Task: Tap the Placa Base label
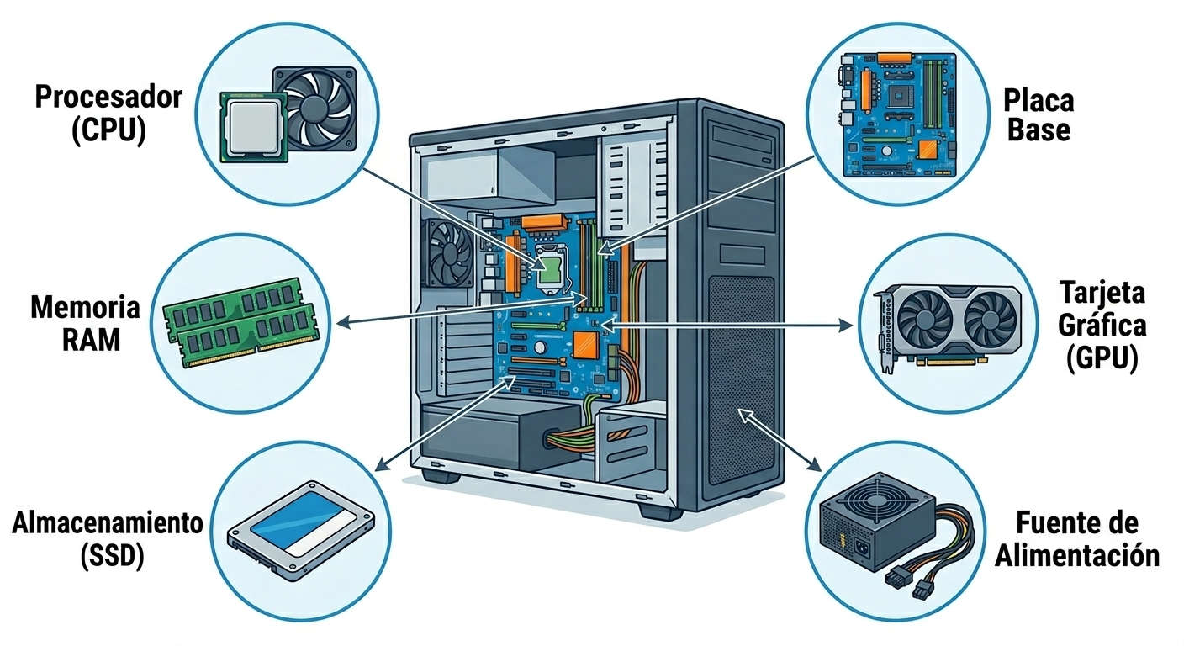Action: pos(1038,116)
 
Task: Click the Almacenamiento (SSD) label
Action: pos(108,539)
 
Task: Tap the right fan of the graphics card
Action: pos(989,320)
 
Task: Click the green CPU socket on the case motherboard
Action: pos(551,269)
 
